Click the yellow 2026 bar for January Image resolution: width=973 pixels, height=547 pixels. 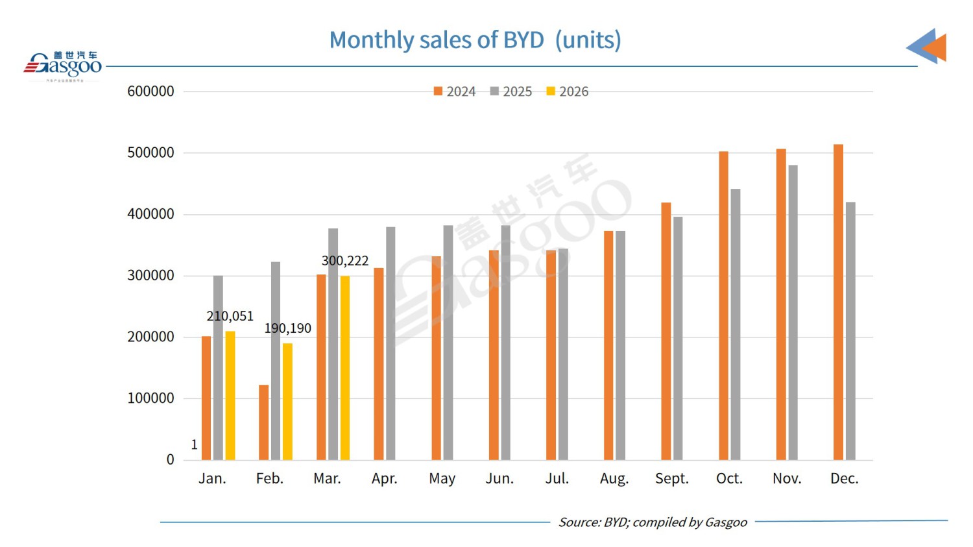tap(230, 396)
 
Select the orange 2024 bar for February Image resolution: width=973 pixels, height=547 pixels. tap(263, 422)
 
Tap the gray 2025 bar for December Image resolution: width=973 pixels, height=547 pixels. tap(850, 331)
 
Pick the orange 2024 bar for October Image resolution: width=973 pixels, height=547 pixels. tap(723, 306)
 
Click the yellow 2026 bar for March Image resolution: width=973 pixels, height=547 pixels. tap(345, 368)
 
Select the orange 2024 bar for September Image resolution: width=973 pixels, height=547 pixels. tap(666, 332)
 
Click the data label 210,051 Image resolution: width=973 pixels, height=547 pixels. tap(230, 316)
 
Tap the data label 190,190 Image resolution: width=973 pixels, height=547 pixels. tap(287, 328)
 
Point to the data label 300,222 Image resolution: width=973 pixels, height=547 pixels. tap(344, 261)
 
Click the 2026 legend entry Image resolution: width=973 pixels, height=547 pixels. tap(568, 91)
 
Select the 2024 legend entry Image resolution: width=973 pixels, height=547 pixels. tap(455, 91)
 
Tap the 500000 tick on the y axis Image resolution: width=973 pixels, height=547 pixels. tap(150, 152)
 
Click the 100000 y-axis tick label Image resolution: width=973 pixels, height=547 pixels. tap(150, 398)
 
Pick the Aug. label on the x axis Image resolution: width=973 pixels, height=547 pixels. tap(614, 479)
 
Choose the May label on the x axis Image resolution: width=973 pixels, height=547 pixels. tap(442, 479)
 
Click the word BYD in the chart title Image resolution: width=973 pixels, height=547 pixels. tap(523, 40)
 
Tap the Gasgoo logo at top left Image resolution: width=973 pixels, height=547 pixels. tap(63, 65)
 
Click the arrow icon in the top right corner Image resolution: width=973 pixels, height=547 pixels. tap(928, 46)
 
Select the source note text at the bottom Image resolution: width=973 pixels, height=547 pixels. tap(652, 522)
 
